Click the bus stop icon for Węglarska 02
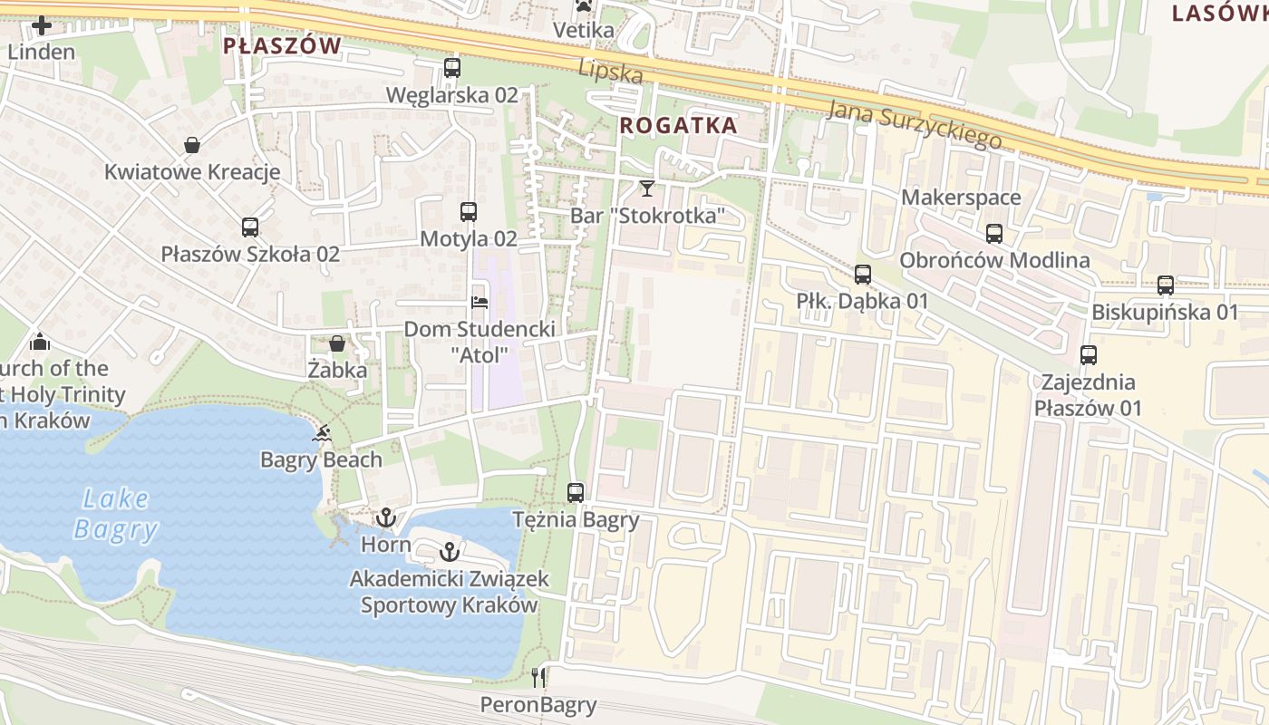(x=451, y=68)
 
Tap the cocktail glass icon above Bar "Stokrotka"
(x=646, y=188)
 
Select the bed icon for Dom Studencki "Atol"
(x=480, y=302)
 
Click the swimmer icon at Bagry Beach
(x=321, y=433)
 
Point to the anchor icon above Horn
(x=386, y=518)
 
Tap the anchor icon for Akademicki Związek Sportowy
(x=449, y=551)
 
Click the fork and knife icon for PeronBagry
(x=538, y=677)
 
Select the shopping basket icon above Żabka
(x=337, y=343)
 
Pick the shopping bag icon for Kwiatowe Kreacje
(x=192, y=145)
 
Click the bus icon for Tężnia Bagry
(x=576, y=493)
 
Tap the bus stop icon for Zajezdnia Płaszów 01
(x=1088, y=355)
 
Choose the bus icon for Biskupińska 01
(x=1166, y=285)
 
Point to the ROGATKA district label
(x=678, y=126)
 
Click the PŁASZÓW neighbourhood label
(x=282, y=45)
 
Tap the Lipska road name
(x=611, y=72)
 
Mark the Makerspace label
(x=961, y=198)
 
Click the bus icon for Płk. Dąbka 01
(x=862, y=274)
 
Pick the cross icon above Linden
(x=42, y=25)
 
